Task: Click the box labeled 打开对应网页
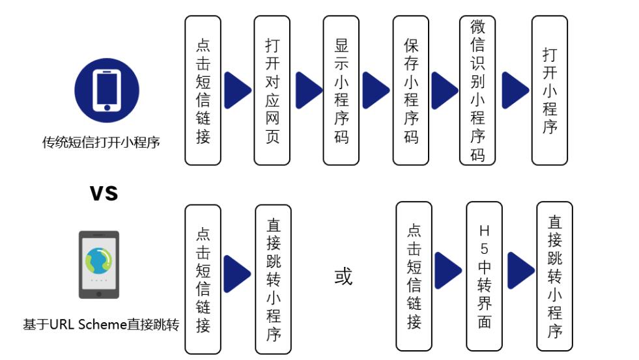272,90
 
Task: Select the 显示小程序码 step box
341,90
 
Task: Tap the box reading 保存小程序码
410,90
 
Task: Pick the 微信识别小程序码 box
478,90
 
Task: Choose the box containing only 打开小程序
549,90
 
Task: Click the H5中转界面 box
484,276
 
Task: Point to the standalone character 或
343,277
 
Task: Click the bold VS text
104,193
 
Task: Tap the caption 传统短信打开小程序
101,142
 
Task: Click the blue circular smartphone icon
107,90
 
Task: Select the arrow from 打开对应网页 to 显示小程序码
309,90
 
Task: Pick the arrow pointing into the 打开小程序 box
515,90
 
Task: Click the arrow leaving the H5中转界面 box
520,270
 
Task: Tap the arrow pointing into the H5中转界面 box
448,270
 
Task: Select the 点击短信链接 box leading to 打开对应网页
203,90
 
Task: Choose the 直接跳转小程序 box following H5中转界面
554,276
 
